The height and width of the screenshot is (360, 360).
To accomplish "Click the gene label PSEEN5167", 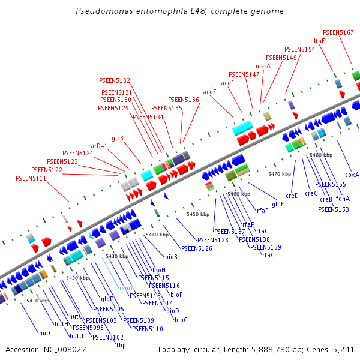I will [338, 32].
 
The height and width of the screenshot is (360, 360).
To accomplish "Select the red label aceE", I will [209, 92].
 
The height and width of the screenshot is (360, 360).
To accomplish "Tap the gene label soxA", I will [352, 175].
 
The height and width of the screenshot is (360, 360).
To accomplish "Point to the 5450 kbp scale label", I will [198, 214].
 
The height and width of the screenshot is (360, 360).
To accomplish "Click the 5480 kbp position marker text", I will [321, 155].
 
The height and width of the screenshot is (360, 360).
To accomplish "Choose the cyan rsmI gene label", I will [126, 288].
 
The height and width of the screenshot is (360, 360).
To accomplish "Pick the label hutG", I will [46, 332].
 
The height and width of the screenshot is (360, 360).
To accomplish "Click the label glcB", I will [118, 138].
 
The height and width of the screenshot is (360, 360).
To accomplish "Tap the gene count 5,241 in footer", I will [344, 349].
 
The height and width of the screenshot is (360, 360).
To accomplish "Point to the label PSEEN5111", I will [31, 178].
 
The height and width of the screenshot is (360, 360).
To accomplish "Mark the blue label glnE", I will [278, 204].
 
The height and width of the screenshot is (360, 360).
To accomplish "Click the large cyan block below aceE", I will [242, 127].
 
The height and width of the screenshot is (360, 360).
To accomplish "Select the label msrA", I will [263, 66].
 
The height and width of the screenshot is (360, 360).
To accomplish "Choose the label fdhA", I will [343, 199].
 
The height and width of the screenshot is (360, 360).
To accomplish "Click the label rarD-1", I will [98, 146].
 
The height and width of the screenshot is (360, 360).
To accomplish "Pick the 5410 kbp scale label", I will [38, 301].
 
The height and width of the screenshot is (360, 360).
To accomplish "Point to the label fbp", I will [121, 344].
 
